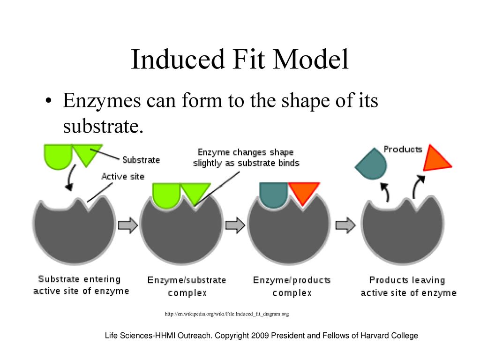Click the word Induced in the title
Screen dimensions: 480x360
tap(178, 59)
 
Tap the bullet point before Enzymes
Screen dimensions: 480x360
tap(48, 101)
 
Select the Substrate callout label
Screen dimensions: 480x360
tap(141, 160)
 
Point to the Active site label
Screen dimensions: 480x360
tap(123, 176)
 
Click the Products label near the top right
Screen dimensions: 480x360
tap(403, 150)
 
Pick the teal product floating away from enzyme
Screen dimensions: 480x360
tap(371, 164)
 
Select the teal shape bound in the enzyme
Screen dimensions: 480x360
tap(273, 195)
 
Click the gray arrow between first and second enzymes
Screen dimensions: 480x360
tap(128, 225)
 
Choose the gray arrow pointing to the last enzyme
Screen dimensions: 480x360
tap(345, 225)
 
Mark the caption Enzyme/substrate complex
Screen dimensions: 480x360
tap(187, 286)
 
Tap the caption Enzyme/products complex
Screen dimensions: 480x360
tap(292, 286)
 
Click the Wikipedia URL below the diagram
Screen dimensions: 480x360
tap(227, 314)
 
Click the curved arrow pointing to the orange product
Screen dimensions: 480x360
tap(417, 187)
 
